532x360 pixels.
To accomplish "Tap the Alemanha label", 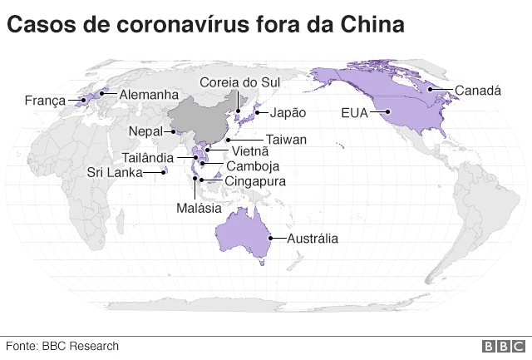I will pos(148,95).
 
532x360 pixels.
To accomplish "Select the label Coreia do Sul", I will pos(240,81).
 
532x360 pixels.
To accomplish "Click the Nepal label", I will pos(145,131).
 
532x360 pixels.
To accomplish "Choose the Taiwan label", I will pos(287,140).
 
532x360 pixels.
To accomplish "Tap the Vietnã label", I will pos(250,151).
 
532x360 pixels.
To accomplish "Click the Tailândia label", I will pos(148,158).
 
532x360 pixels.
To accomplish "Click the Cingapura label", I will pos(256,180).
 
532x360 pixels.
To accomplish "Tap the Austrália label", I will pos(313,239).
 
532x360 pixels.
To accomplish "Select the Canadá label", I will pos(478,90).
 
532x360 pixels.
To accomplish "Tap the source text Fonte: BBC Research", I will pos(62,346).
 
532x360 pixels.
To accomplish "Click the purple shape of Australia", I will pos(245,229).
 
